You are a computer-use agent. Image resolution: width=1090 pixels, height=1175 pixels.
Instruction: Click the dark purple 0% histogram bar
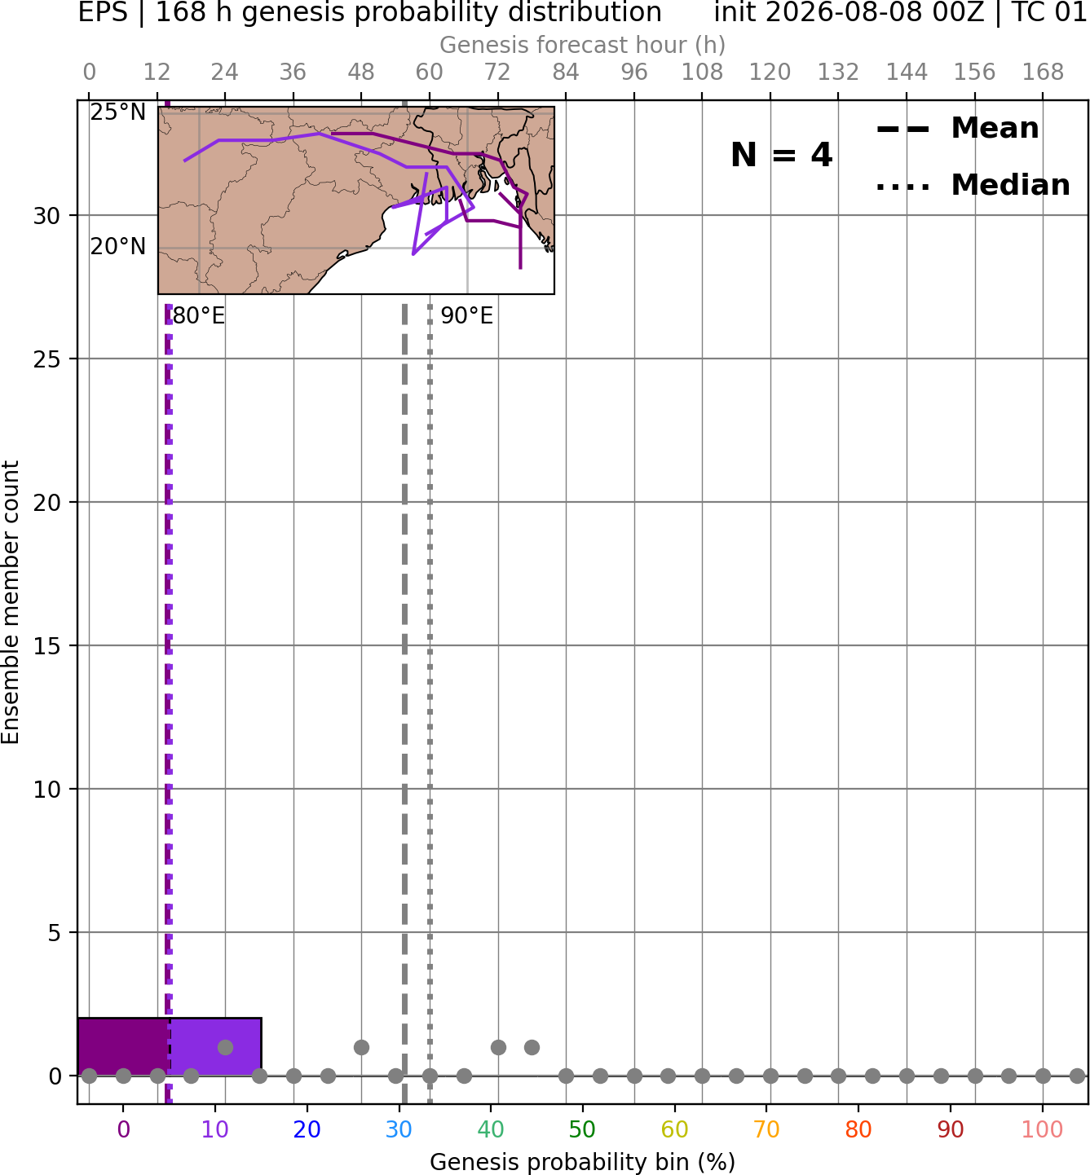coord(123,1046)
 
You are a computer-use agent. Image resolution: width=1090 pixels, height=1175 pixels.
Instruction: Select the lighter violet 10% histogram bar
coord(215,1046)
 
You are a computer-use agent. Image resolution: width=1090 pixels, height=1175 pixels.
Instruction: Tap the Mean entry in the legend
coord(957,129)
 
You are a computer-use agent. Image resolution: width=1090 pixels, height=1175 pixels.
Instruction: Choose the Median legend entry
coord(973,185)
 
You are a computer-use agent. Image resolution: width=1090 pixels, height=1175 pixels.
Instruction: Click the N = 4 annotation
coord(782,155)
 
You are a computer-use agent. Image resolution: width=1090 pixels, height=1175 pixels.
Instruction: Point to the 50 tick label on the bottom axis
coord(582,1129)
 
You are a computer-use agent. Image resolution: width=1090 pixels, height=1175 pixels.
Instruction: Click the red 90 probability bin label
coord(951,1129)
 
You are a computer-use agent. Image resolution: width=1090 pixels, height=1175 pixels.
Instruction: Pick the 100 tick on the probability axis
coord(1042,1129)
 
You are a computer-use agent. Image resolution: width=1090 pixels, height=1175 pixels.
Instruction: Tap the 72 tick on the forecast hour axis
coord(497,73)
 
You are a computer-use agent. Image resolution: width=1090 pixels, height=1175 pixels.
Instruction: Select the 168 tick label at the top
coord(1043,73)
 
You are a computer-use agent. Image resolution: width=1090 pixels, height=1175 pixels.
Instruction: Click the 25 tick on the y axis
coord(47,359)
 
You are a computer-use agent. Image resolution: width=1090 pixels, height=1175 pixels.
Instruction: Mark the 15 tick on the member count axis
coord(47,646)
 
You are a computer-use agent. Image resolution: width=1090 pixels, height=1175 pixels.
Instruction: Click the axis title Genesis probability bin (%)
coord(582,1162)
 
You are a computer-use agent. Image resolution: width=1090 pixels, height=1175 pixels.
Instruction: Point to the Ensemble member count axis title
coord(10,602)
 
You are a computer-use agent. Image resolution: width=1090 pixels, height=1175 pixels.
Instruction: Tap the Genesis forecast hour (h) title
coord(582,45)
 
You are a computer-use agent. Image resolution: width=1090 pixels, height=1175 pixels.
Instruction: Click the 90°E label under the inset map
coord(466,316)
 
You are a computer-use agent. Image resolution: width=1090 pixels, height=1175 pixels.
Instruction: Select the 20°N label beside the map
coord(118,247)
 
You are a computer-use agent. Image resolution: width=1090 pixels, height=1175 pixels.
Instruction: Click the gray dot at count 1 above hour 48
coord(361,1047)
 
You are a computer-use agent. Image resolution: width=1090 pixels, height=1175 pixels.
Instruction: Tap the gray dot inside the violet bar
coord(225,1047)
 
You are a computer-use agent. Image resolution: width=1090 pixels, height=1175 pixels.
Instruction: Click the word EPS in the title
coord(103,12)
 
